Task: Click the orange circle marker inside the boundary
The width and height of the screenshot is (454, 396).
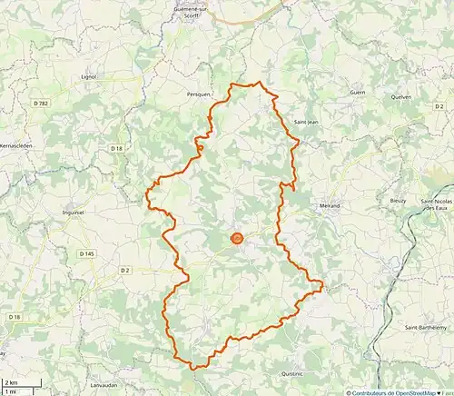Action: pyautogui.click(x=237, y=239)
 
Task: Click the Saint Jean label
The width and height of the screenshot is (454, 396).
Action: pyautogui.click(x=306, y=123)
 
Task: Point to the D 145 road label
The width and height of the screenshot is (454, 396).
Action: pyautogui.click(x=86, y=253)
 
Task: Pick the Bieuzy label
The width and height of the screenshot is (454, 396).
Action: pyautogui.click(x=398, y=199)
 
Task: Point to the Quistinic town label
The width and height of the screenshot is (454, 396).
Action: pyautogui.click(x=292, y=373)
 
